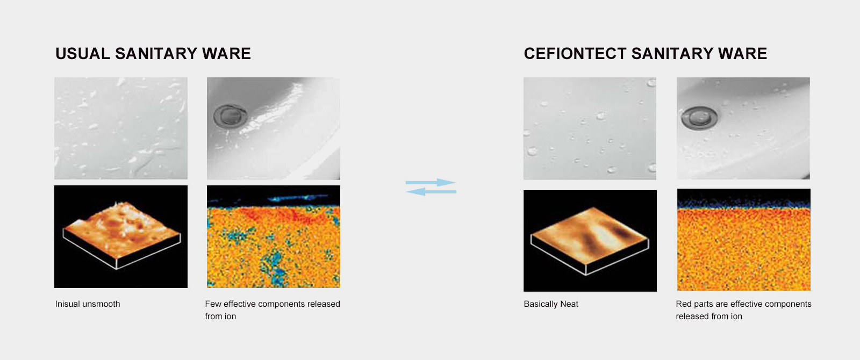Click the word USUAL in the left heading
(83, 54)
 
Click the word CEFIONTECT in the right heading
(575, 54)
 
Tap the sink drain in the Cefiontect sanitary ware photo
(699, 118)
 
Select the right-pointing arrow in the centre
(431, 182)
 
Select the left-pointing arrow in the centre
(431, 191)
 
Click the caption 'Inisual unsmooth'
(88, 304)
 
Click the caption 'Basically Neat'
(551, 304)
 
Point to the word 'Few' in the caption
(213, 304)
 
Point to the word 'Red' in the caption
(684, 304)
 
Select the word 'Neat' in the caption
(569, 304)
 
